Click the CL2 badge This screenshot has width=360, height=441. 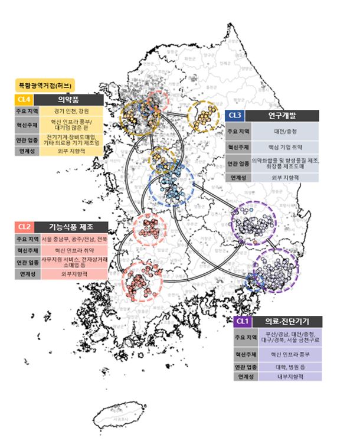(x=24, y=226)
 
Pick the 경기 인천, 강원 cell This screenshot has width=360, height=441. (x=73, y=111)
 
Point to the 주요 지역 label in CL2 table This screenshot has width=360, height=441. (x=27, y=239)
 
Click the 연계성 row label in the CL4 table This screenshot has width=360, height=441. (x=27, y=150)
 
